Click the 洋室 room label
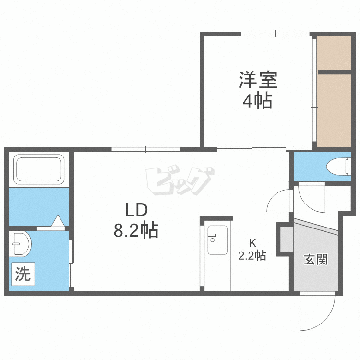[x=259, y=80]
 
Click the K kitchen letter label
[x=252, y=242]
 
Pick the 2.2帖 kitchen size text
[x=252, y=255]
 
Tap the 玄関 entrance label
[x=315, y=260]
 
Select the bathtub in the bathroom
[x=39, y=169]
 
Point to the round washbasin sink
[x=21, y=245]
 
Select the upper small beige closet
[x=334, y=52]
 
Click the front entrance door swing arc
[x=316, y=312]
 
